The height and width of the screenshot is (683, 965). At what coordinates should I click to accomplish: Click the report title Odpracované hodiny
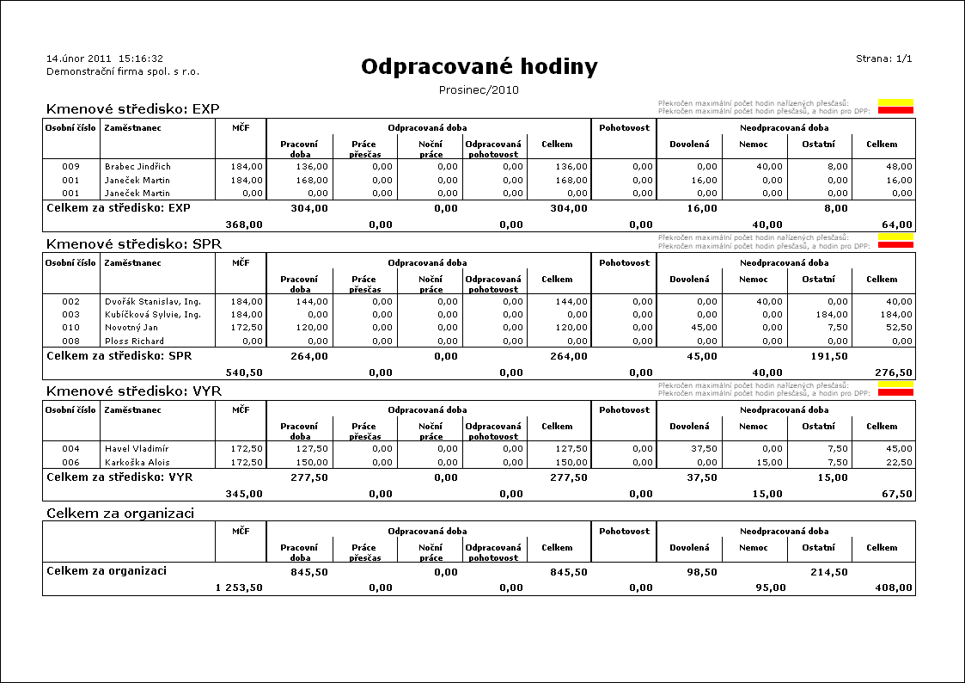tap(479, 67)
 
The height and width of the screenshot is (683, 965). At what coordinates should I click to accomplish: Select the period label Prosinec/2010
tap(479, 89)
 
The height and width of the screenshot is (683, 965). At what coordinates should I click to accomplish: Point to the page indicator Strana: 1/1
tap(883, 58)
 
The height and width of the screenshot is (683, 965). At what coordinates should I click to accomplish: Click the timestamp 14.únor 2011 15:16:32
tap(104, 58)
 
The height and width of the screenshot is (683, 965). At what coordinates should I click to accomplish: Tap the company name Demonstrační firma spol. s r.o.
tap(122, 71)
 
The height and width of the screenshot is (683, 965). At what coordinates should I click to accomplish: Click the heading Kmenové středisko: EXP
tap(133, 109)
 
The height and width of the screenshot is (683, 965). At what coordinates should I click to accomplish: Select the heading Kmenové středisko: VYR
tap(133, 391)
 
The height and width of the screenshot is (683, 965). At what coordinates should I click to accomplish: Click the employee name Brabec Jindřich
tap(137, 167)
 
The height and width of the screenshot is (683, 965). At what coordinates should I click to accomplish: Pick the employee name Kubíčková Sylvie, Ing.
tap(152, 315)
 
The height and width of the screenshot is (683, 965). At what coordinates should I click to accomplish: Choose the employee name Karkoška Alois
tap(137, 462)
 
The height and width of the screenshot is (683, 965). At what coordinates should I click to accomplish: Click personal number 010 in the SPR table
tap(70, 328)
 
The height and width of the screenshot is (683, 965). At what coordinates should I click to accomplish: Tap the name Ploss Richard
tap(134, 341)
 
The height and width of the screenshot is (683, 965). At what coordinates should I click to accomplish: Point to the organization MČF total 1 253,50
tap(238, 588)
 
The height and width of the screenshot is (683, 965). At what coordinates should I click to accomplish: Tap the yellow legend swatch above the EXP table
tap(895, 103)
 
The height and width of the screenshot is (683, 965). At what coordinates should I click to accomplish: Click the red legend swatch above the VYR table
tap(895, 392)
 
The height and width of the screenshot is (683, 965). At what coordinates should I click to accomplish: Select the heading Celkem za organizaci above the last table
tap(119, 514)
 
